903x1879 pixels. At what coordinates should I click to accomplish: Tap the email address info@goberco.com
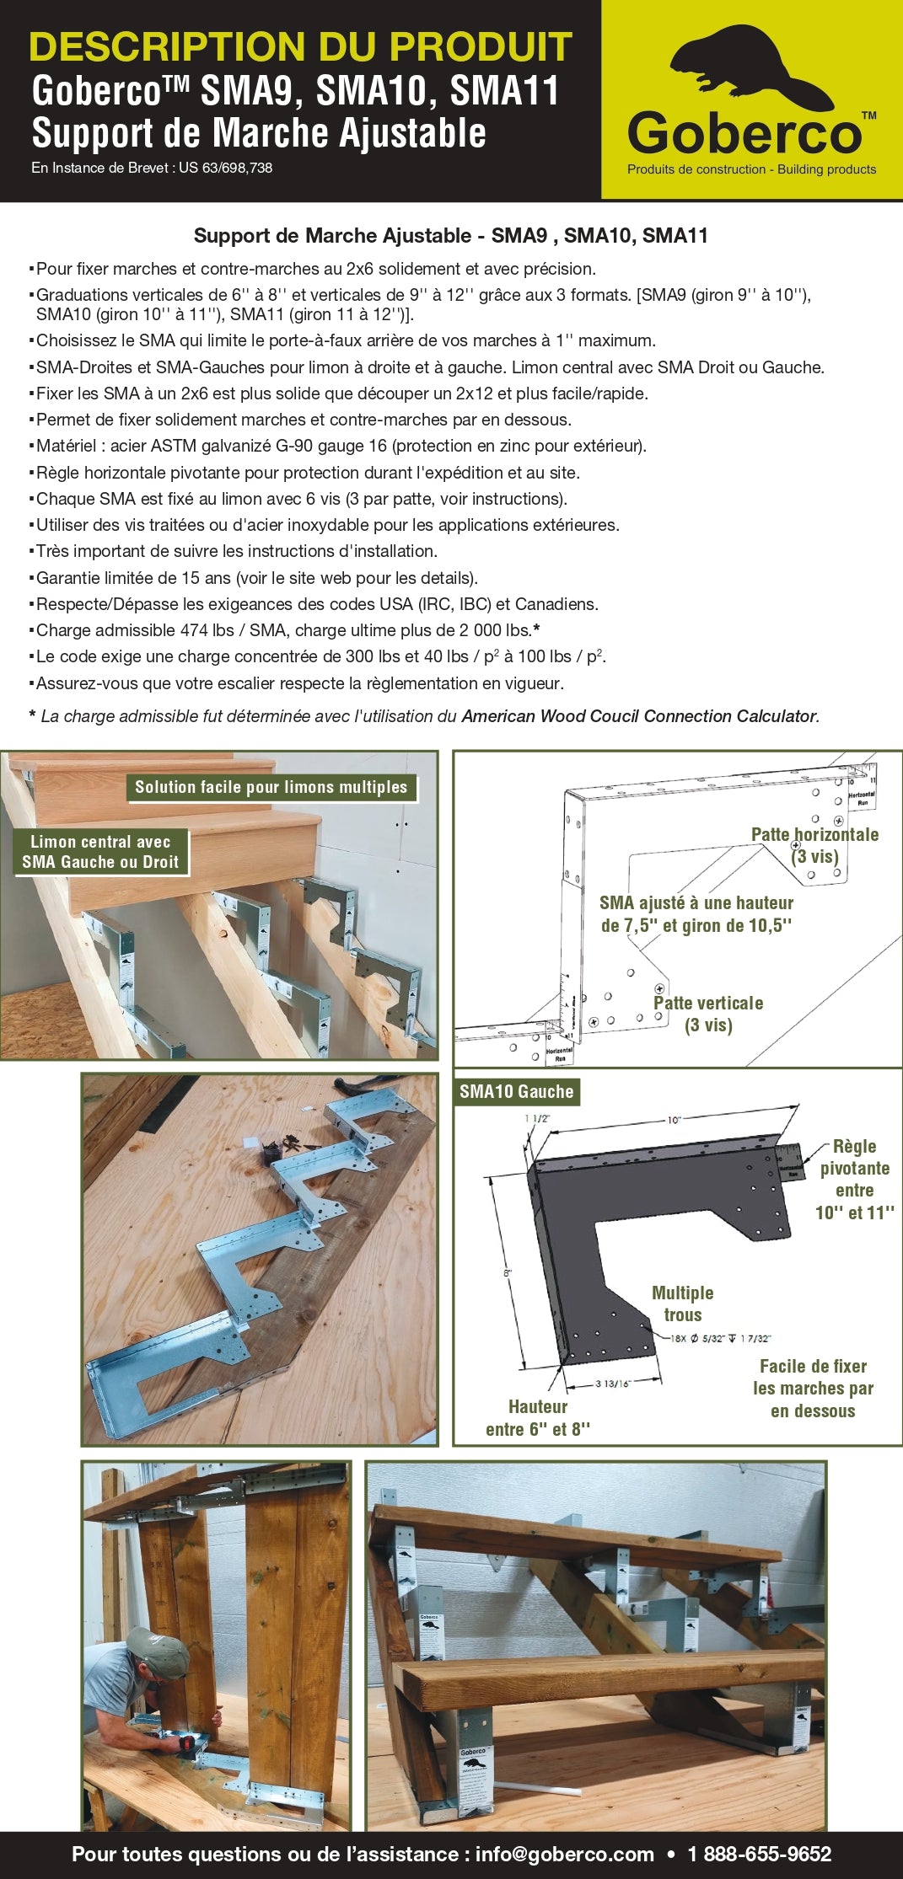[564, 1854]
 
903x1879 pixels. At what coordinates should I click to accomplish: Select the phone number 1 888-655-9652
[759, 1854]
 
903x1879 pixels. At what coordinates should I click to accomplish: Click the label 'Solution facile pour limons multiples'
[271, 787]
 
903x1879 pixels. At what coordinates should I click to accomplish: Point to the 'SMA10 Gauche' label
[516, 1092]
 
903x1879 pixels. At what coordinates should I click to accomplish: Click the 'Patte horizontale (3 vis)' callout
[814, 845]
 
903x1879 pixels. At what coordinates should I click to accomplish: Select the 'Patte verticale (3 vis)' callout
[708, 1014]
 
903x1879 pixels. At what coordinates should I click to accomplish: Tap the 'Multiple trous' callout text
[682, 1304]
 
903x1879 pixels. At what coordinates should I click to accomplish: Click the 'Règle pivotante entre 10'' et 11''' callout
[854, 1179]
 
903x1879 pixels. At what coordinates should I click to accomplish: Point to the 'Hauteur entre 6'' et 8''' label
[538, 1417]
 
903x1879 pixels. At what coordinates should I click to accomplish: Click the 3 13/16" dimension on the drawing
[613, 1384]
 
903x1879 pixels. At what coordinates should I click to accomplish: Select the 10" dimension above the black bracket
[674, 1120]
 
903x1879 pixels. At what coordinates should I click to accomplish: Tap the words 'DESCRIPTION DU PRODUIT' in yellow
[300, 47]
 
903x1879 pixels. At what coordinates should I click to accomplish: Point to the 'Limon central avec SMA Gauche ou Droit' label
[100, 852]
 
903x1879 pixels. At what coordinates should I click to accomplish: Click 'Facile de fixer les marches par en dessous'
[813, 1388]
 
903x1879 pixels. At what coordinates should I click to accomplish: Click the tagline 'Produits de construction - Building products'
[751, 169]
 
